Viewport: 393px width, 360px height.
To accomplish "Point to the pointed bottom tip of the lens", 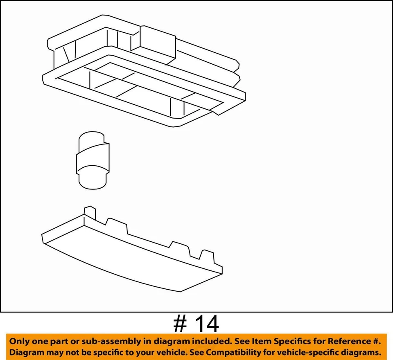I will (180, 291).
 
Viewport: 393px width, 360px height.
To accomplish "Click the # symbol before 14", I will (180, 324).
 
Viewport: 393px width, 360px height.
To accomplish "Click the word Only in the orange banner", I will (20, 341).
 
